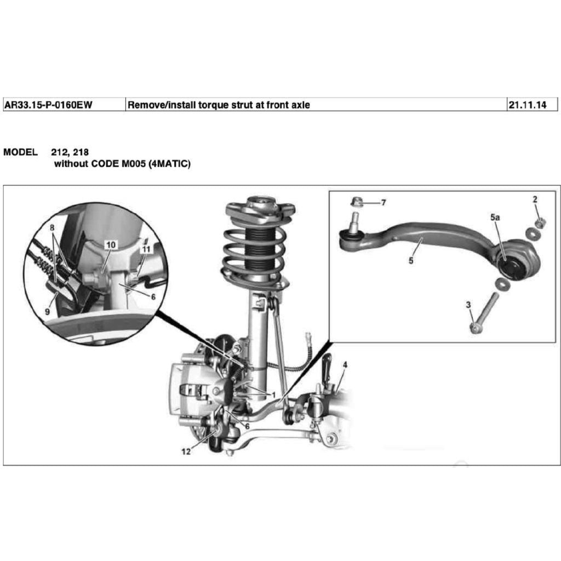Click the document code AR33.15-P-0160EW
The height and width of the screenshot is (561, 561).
tap(48, 105)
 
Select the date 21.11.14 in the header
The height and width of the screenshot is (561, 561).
tap(527, 105)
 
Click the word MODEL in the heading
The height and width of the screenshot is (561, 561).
tap(21, 152)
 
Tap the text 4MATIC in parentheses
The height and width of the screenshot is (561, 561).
tap(168, 163)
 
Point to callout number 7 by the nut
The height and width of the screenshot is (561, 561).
tap(383, 203)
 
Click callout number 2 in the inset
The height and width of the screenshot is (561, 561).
tap(535, 199)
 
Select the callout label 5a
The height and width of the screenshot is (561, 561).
tap(495, 217)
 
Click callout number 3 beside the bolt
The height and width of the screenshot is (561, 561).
tap(468, 305)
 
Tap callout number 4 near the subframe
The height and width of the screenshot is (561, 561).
tap(345, 364)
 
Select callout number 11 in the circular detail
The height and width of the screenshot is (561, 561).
tap(146, 249)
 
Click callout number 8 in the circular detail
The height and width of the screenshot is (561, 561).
tap(52, 227)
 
